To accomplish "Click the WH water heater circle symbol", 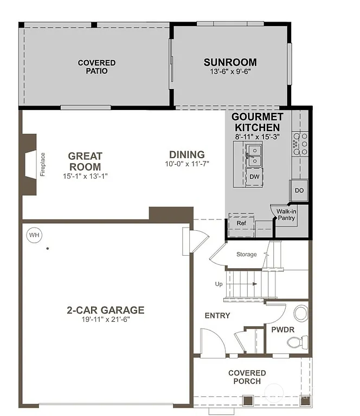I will pos(34,235).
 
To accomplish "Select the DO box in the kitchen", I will pos(299,190).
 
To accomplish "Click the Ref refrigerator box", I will pos(241,223).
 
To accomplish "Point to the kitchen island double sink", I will pos(254,155).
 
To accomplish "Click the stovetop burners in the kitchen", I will pos(300,144).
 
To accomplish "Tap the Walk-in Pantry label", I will pos(286,214).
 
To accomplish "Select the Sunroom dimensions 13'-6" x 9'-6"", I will pos(230,71).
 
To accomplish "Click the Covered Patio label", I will pos(97,67).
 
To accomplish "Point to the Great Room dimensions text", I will pos(85,177).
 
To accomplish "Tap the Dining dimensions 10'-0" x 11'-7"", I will pos(187,164).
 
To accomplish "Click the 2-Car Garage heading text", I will pos(106,310).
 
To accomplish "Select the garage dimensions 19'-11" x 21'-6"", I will pos(106,320).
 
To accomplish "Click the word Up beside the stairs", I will pos(218,284).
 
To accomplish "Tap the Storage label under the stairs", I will pos(247,255).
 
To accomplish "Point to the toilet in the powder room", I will pos(296,342).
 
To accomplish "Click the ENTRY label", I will pos(217,316).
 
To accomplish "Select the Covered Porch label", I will pos(247,377).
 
